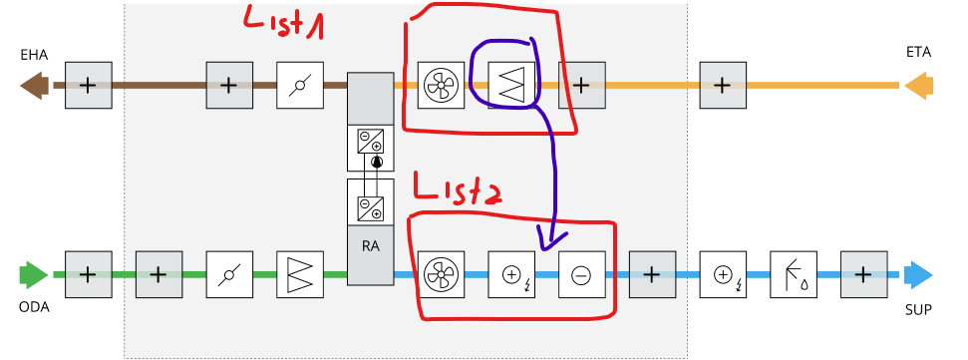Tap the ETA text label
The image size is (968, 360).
coord(919,52)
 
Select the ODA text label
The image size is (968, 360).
coord(35,307)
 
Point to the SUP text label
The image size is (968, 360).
coord(919,309)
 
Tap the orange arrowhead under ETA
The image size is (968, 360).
coord(918,86)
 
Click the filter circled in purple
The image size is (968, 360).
coord(512,86)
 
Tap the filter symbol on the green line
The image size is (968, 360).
coord(300,273)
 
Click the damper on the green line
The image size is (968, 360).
coord(229,273)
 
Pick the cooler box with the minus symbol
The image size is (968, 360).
coord(582,273)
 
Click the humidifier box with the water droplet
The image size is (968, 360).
coord(795,273)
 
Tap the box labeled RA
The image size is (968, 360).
coord(371,241)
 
